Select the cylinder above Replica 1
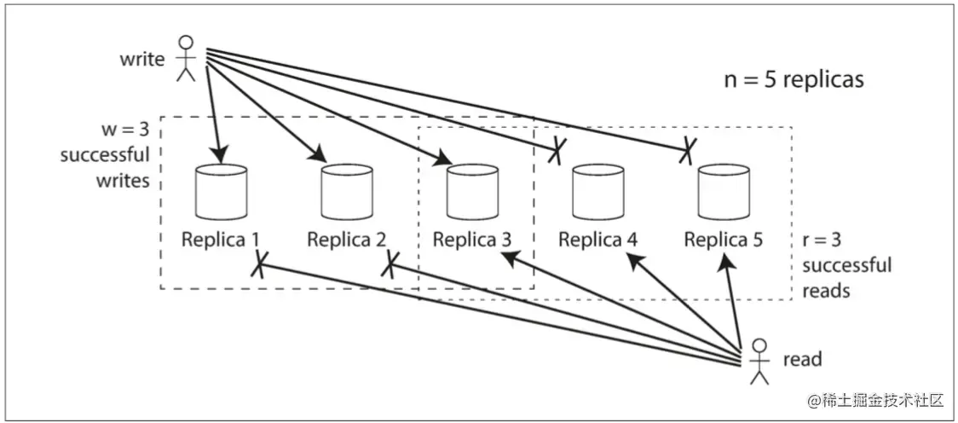tap(222, 193)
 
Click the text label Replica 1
tap(220, 240)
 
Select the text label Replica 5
tap(724, 240)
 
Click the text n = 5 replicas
tap(794, 80)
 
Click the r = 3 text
tap(824, 240)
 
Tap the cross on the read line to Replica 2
tap(390, 264)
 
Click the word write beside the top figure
tap(142, 61)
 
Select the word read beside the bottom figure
tap(802, 359)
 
